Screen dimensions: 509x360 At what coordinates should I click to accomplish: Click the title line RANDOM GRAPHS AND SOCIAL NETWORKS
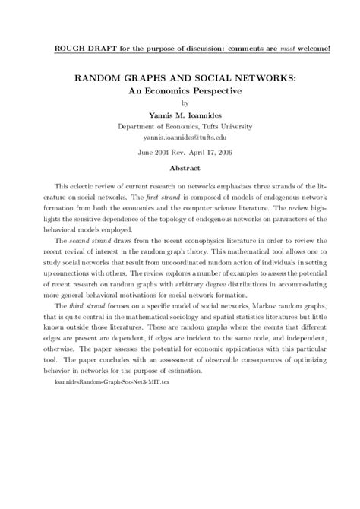179,77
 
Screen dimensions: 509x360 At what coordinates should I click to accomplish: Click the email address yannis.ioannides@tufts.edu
179,139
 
